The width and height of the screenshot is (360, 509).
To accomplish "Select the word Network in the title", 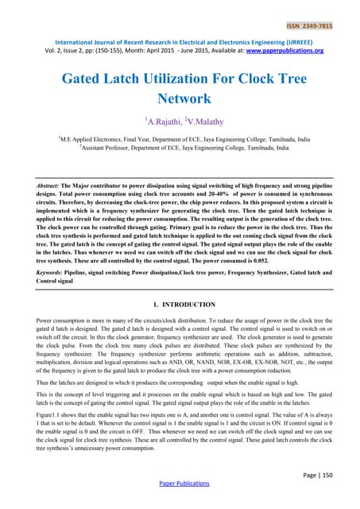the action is click(x=180, y=99).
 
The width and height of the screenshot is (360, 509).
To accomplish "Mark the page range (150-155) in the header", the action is click(x=99, y=49).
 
